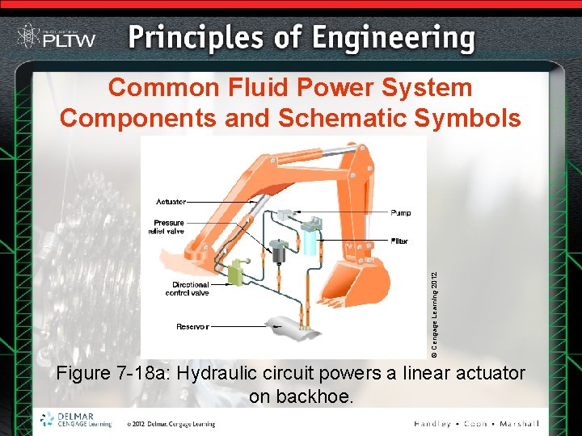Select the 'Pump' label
(401, 213)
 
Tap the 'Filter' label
(399, 241)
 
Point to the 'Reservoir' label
(192, 326)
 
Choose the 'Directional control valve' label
(190, 288)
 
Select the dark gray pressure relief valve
(280, 252)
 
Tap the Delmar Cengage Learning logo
(75, 420)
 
